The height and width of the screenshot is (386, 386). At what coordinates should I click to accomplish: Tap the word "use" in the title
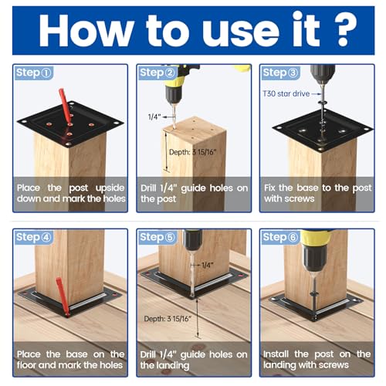pyautogui.click(x=241, y=33)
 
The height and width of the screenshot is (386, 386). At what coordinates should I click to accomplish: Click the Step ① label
pyautogui.click(x=34, y=73)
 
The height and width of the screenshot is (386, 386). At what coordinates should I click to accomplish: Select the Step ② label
pyautogui.click(x=157, y=73)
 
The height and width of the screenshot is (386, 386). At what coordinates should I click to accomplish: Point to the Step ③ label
pyautogui.click(x=280, y=73)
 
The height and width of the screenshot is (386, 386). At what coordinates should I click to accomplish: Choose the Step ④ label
pyautogui.click(x=34, y=237)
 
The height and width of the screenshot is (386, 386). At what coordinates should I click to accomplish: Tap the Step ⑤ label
pyautogui.click(x=157, y=237)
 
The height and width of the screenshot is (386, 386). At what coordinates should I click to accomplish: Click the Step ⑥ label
pyautogui.click(x=280, y=237)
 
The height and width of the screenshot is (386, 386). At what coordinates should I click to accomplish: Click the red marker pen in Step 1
pyautogui.click(x=65, y=106)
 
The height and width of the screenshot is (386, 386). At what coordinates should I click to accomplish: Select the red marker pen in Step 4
pyautogui.click(x=63, y=296)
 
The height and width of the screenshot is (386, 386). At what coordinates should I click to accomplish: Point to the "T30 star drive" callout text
pyautogui.click(x=286, y=93)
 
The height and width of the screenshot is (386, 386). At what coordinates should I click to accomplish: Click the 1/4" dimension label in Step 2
pyautogui.click(x=154, y=117)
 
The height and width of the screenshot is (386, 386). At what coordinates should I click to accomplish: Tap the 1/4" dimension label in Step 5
pyautogui.click(x=207, y=265)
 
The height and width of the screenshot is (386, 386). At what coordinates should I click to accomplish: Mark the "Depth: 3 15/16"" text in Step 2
pyautogui.click(x=193, y=152)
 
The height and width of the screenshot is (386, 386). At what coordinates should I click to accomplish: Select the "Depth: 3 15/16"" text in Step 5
pyautogui.click(x=168, y=319)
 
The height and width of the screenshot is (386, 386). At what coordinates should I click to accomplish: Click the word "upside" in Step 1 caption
pyautogui.click(x=110, y=188)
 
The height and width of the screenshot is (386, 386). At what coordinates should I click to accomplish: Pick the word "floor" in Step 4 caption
pyautogui.click(x=26, y=365)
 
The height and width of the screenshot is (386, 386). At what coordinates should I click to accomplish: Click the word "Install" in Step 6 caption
pyautogui.click(x=276, y=354)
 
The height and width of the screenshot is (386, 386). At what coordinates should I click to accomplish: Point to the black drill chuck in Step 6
pyautogui.click(x=314, y=258)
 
